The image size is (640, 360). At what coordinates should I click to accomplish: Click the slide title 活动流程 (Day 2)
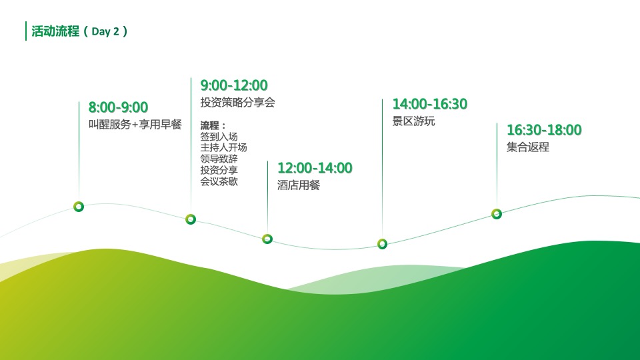79,31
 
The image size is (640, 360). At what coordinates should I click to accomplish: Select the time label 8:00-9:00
119,107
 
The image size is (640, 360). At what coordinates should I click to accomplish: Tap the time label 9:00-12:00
234,85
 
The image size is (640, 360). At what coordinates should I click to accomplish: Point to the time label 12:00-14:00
315,168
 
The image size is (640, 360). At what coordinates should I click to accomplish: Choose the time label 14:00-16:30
430,104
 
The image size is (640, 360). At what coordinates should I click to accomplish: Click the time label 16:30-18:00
544,130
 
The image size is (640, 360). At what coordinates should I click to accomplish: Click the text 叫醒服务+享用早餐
135,125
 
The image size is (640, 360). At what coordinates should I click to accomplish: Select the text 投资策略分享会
237,103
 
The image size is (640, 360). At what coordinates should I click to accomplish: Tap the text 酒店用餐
299,185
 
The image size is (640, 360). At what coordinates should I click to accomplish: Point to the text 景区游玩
414,121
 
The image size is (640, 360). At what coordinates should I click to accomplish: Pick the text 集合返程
528,147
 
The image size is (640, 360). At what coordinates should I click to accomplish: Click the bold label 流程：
213,125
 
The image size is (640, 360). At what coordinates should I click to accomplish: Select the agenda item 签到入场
219,136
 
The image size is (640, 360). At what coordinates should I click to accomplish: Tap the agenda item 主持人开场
224,147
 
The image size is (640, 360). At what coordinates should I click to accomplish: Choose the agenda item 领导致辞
219,159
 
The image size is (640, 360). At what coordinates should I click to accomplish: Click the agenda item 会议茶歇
219,181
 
